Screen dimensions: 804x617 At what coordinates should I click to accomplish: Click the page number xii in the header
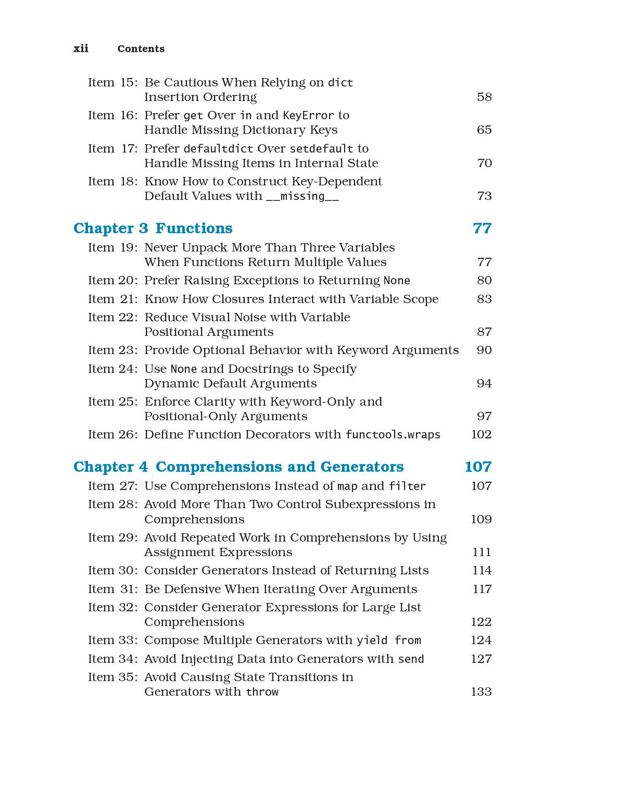click(x=81, y=48)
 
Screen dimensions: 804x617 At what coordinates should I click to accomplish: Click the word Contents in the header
click(x=141, y=49)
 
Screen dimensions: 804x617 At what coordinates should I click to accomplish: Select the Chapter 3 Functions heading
click(x=153, y=228)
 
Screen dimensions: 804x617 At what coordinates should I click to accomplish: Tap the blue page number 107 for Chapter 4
click(x=477, y=467)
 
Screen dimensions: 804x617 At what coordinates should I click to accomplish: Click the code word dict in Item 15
click(x=341, y=83)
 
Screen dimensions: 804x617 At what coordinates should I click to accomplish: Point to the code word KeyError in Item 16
click(x=308, y=116)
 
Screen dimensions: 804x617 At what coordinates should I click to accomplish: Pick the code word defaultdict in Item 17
click(x=218, y=149)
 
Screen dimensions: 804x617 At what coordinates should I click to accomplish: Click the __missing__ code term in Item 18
click(x=302, y=196)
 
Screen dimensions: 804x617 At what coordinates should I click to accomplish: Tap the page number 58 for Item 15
click(x=484, y=97)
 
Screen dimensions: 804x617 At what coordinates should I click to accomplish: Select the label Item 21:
click(x=112, y=299)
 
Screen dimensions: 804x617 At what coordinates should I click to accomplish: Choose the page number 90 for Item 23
click(x=484, y=350)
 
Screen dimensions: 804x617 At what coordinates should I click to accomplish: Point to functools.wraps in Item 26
click(x=393, y=435)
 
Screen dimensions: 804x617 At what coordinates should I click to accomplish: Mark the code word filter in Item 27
click(x=407, y=486)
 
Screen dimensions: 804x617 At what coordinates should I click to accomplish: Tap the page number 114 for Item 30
click(x=482, y=571)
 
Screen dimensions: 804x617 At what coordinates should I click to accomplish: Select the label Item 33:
click(x=112, y=640)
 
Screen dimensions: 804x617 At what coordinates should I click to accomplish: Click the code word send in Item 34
click(x=411, y=659)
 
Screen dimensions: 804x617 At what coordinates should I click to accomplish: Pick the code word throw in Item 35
click(x=262, y=692)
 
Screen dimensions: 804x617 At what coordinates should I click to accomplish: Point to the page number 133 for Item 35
click(x=481, y=692)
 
